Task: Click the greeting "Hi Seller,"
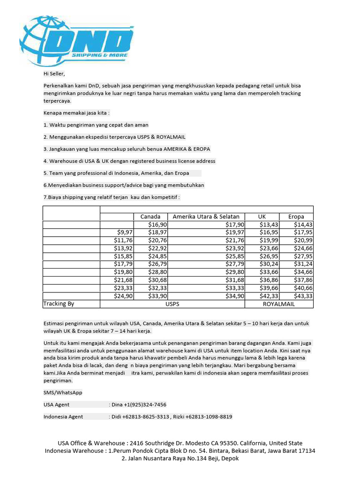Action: click(x=54, y=74)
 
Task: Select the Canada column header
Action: click(x=150, y=217)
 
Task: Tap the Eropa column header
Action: click(x=296, y=217)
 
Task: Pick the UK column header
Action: click(x=262, y=217)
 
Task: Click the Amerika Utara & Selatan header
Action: click(x=206, y=217)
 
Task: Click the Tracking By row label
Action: click(x=59, y=304)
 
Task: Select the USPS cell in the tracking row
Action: click(x=172, y=304)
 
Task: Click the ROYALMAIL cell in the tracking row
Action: click(x=279, y=304)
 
